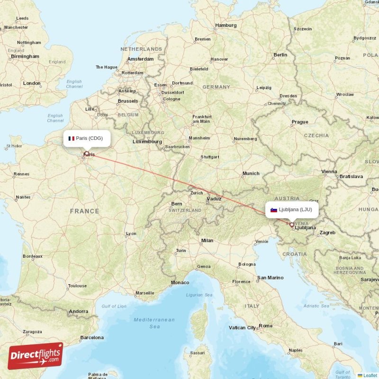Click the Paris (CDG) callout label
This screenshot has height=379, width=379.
(87, 138)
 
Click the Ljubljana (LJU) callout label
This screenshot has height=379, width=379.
(291, 209)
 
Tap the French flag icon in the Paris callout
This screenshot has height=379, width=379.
(72, 139)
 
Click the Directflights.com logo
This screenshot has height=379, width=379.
(36, 356)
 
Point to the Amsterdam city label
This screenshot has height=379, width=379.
(140, 59)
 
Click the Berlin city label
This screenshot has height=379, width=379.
(280, 55)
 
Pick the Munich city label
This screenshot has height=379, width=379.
(251, 174)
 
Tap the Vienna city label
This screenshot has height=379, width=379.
(329, 171)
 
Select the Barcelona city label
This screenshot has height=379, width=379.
(92, 338)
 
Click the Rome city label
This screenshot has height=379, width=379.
(266, 326)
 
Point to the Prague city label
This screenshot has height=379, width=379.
(299, 122)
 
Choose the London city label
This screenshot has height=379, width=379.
(32, 83)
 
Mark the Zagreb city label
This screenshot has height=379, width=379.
(327, 233)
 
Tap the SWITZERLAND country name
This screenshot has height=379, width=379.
(185, 210)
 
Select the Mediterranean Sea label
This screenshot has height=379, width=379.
(154, 323)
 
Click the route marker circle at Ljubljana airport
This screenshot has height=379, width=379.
(292, 225)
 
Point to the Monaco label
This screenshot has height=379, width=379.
(180, 283)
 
